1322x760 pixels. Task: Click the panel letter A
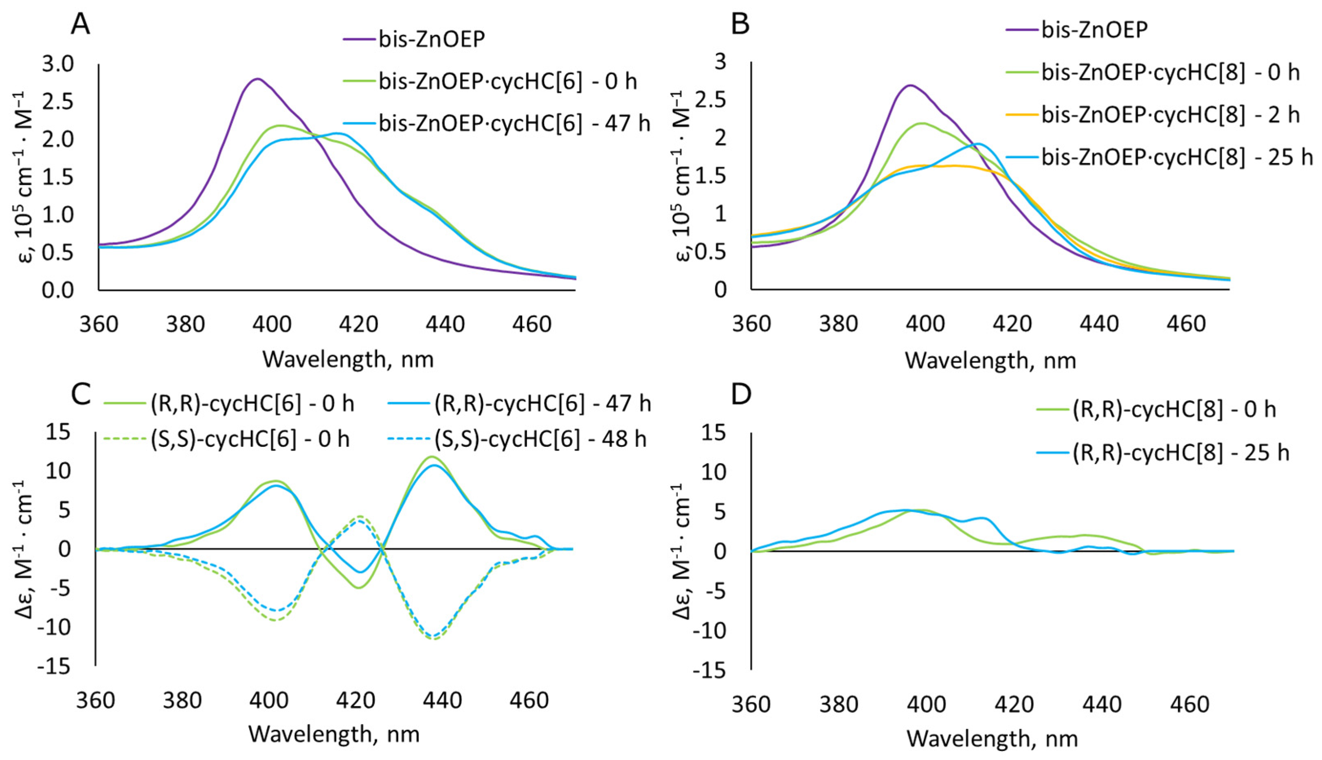pyautogui.click(x=80, y=24)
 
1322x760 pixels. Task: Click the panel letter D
pyautogui.click(x=741, y=395)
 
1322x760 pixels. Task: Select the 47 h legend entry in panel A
pyautogui.click(x=514, y=124)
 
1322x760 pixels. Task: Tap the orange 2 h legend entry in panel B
pyautogui.click(x=1169, y=114)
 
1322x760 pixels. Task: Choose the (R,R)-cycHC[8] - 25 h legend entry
pyautogui.click(x=1179, y=452)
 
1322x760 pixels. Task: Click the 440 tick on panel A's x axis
pyautogui.click(x=445, y=325)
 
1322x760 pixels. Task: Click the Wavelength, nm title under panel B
pyautogui.click(x=990, y=360)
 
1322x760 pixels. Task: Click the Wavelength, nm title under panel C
pyautogui.click(x=334, y=734)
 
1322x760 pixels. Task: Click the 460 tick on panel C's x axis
pyautogui.click(x=529, y=701)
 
